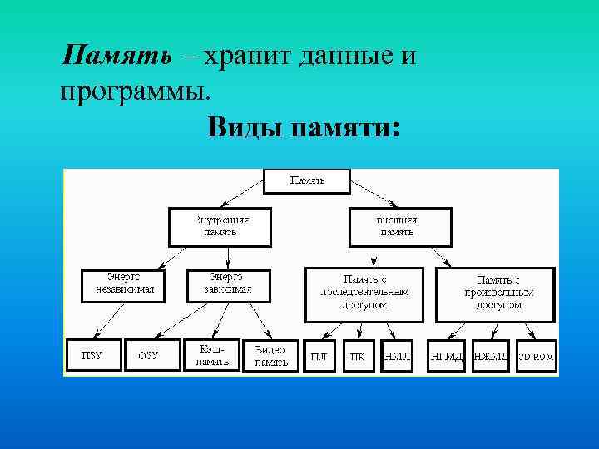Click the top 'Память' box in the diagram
(307, 180)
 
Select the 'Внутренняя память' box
(220, 226)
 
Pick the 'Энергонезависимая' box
(123, 284)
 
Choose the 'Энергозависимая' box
(227, 284)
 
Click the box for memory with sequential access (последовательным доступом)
(364, 293)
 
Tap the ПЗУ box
(94, 355)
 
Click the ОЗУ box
(149, 355)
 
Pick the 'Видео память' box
(270, 356)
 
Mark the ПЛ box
(319, 356)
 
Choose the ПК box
(358, 356)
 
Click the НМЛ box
(397, 356)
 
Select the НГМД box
(446, 356)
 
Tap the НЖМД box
(491, 356)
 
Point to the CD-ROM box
(536, 356)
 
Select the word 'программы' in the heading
(130, 90)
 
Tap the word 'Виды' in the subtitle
(244, 128)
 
